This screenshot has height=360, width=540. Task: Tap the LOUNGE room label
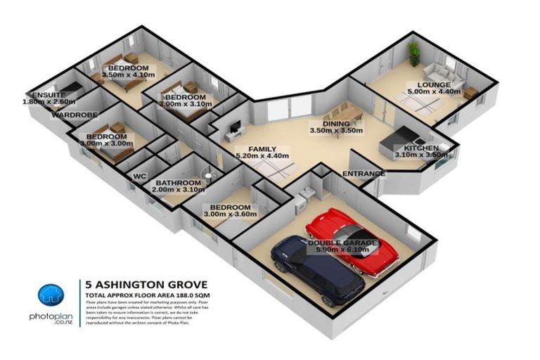tap(426, 83)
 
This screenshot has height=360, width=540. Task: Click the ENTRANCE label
tap(363, 174)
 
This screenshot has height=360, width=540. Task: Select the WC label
tap(139, 174)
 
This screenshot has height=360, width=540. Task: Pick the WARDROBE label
tap(74, 113)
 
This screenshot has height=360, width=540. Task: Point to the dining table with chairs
tap(340, 111)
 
